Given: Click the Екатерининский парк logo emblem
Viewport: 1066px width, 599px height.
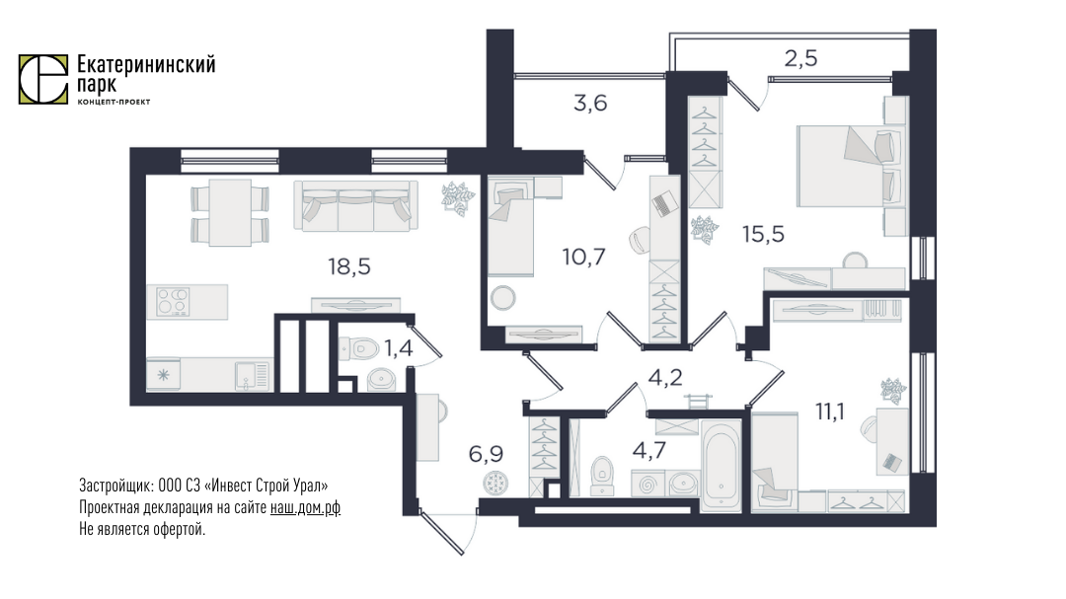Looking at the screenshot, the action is [x=42, y=80].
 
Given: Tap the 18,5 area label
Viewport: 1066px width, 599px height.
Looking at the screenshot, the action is [x=349, y=267].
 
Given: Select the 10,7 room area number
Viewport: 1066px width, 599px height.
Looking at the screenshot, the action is [x=584, y=257].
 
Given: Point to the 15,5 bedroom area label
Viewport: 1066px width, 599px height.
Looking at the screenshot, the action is [x=763, y=235].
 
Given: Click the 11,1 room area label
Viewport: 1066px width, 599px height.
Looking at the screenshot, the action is [x=829, y=412].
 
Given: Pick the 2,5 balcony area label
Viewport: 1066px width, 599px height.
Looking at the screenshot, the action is [x=800, y=59].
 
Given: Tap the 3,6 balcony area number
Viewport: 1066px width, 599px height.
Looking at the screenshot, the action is [x=590, y=104].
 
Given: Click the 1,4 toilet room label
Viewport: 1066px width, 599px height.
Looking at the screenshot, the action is [x=399, y=348].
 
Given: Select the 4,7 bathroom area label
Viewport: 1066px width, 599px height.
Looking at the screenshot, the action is [x=649, y=450].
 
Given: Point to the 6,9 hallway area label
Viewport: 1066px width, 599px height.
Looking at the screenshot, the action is [x=486, y=454].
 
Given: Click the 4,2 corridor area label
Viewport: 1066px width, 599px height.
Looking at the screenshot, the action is [x=665, y=377].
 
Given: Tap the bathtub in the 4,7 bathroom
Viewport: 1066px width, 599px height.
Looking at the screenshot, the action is [x=721, y=466].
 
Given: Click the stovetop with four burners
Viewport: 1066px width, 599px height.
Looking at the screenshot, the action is [x=173, y=302].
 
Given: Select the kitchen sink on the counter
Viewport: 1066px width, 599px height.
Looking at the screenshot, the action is [x=253, y=376].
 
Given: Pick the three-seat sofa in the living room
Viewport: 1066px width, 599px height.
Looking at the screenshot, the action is [x=356, y=205].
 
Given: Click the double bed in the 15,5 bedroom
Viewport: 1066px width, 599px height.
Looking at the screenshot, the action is [x=850, y=166].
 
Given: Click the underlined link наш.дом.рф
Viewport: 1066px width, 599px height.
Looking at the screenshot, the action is [x=305, y=508].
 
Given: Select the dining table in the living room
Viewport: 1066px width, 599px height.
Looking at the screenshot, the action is [x=230, y=212].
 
